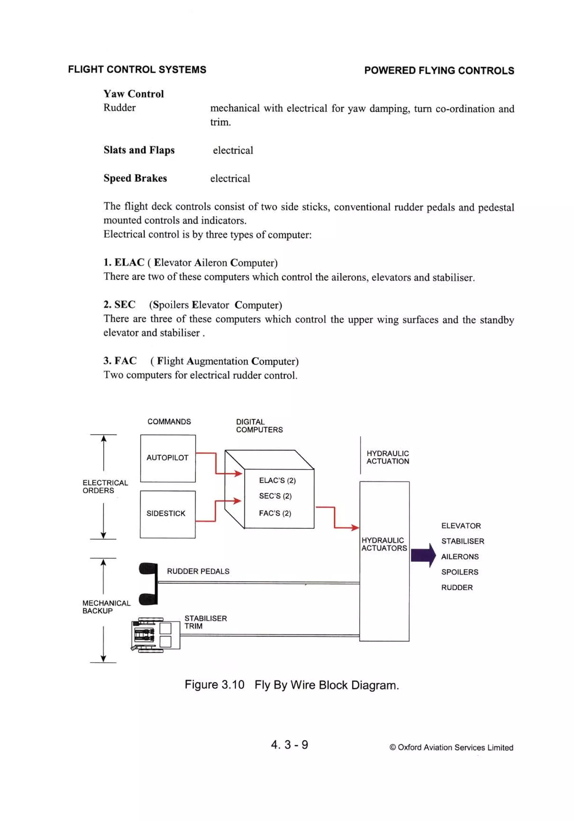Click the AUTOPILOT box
167,458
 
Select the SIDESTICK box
167,514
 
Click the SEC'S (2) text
275,496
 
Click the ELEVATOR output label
461,526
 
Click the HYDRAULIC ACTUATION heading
387,457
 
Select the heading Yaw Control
134,94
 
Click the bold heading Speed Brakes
135,178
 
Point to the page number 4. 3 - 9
289,744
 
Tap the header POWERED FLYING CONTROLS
439,70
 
